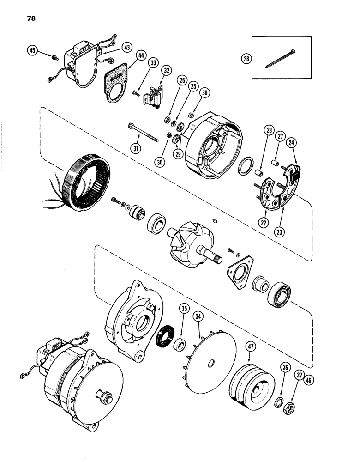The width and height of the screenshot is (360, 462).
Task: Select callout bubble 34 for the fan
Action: pos(199,316)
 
